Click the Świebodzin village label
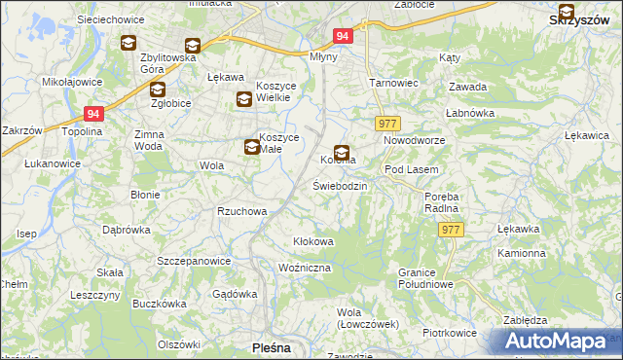click(x=339, y=185)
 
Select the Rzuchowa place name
click(x=241, y=210)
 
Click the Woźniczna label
click(x=305, y=267)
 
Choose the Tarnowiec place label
click(x=393, y=83)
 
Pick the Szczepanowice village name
click(x=194, y=261)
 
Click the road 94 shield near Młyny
click(x=342, y=36)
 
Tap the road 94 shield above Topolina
click(x=92, y=113)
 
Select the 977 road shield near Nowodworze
click(x=387, y=123)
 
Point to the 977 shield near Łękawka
click(x=451, y=230)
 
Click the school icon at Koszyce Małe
click(x=252, y=147)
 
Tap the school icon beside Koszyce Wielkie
click(x=243, y=98)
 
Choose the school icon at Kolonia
click(x=342, y=152)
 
